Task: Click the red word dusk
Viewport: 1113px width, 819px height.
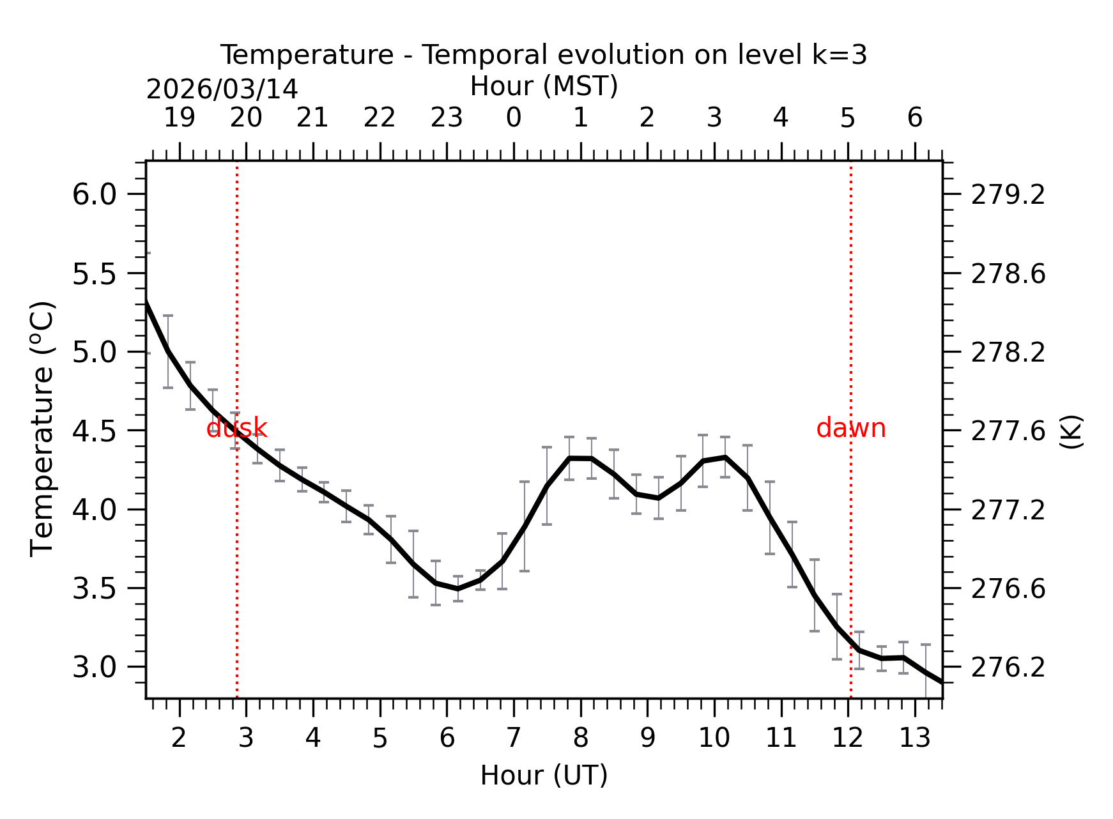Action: (x=236, y=428)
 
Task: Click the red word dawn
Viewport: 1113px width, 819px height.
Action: (x=850, y=428)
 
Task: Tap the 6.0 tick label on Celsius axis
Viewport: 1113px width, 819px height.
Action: (x=95, y=194)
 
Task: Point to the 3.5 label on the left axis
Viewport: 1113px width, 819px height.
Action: (x=95, y=588)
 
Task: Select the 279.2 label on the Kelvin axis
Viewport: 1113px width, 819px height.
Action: (x=1008, y=195)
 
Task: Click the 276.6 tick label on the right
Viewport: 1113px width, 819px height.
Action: (x=1008, y=589)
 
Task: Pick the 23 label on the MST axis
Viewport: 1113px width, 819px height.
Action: (x=447, y=118)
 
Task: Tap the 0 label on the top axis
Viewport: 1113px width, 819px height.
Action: (x=514, y=118)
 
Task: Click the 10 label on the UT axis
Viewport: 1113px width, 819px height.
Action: (x=714, y=739)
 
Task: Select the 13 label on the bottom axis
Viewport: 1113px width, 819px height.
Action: (x=915, y=739)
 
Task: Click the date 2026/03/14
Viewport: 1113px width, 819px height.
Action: (x=222, y=89)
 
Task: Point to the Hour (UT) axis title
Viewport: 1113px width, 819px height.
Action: (x=544, y=776)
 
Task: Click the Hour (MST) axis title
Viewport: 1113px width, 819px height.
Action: (x=544, y=86)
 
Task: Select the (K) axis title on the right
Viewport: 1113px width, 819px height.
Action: (x=1071, y=432)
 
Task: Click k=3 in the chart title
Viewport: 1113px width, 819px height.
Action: (x=840, y=55)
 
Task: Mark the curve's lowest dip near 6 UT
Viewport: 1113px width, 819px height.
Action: (x=457, y=588)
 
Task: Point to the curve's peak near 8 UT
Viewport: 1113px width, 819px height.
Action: (x=580, y=458)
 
